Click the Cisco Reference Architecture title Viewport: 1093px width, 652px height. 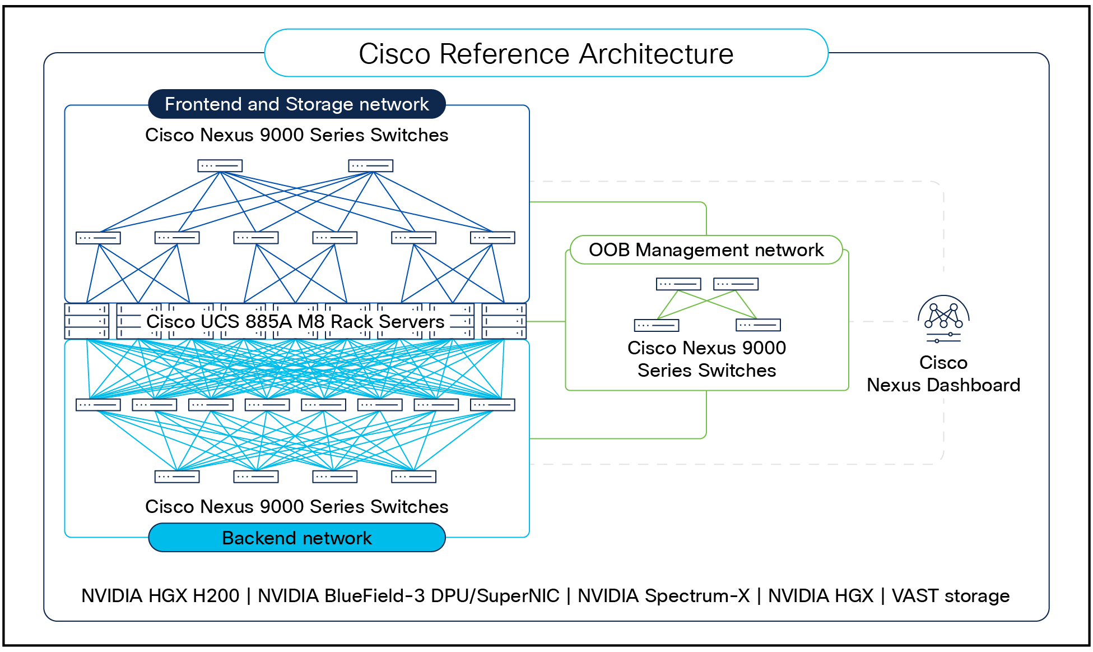[x=546, y=54]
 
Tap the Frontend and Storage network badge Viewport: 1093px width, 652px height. [x=296, y=104]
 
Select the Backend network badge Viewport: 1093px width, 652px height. [x=296, y=538]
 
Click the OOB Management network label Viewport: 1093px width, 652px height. [x=706, y=249]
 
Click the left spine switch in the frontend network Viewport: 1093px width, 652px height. [x=220, y=166]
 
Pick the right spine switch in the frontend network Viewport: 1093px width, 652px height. [x=370, y=166]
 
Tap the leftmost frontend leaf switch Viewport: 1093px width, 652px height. [x=98, y=238]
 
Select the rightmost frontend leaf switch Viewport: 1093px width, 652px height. [x=492, y=238]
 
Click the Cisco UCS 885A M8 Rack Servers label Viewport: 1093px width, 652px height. [x=295, y=322]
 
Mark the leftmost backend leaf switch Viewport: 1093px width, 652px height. [x=98, y=405]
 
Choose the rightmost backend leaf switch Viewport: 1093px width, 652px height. [x=492, y=405]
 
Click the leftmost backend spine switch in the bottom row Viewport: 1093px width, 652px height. [x=177, y=477]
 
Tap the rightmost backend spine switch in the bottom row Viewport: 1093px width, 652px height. [x=413, y=477]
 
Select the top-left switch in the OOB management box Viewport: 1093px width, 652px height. [x=678, y=284]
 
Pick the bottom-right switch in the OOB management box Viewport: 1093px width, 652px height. [x=758, y=325]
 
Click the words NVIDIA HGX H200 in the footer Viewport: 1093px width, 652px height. [x=160, y=595]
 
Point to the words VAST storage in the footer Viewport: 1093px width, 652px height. [x=950, y=595]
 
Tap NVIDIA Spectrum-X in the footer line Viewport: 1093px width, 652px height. [x=663, y=595]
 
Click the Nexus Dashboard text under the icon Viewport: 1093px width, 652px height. [x=943, y=385]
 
